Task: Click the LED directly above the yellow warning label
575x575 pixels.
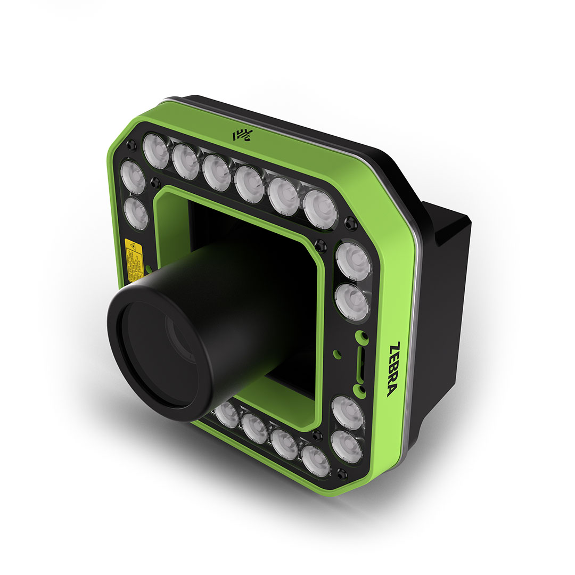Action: (x=136, y=213)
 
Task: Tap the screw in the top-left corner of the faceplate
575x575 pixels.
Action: (x=131, y=145)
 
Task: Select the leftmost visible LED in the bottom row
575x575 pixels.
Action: (x=227, y=414)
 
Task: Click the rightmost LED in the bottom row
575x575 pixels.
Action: (x=315, y=459)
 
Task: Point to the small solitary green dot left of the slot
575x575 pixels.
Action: (x=336, y=352)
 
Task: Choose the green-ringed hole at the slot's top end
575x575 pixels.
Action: (x=362, y=336)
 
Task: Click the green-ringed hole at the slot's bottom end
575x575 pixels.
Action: (x=362, y=395)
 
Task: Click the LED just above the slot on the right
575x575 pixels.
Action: (x=352, y=302)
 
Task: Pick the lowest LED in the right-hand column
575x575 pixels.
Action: (x=346, y=444)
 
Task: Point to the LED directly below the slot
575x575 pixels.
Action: (x=348, y=412)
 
